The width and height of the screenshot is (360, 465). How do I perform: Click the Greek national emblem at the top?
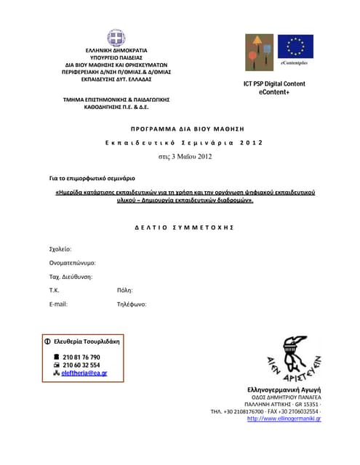[116, 38]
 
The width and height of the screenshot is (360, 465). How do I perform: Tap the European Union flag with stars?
[295, 47]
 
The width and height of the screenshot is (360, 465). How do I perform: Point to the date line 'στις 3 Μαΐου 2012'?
[185, 156]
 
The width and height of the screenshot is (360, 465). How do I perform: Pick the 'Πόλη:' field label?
[124, 291]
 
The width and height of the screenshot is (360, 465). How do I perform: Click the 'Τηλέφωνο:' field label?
[132, 304]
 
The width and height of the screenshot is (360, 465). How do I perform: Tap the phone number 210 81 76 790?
[81, 357]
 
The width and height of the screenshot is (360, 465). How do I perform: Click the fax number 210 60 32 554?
[81, 365]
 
